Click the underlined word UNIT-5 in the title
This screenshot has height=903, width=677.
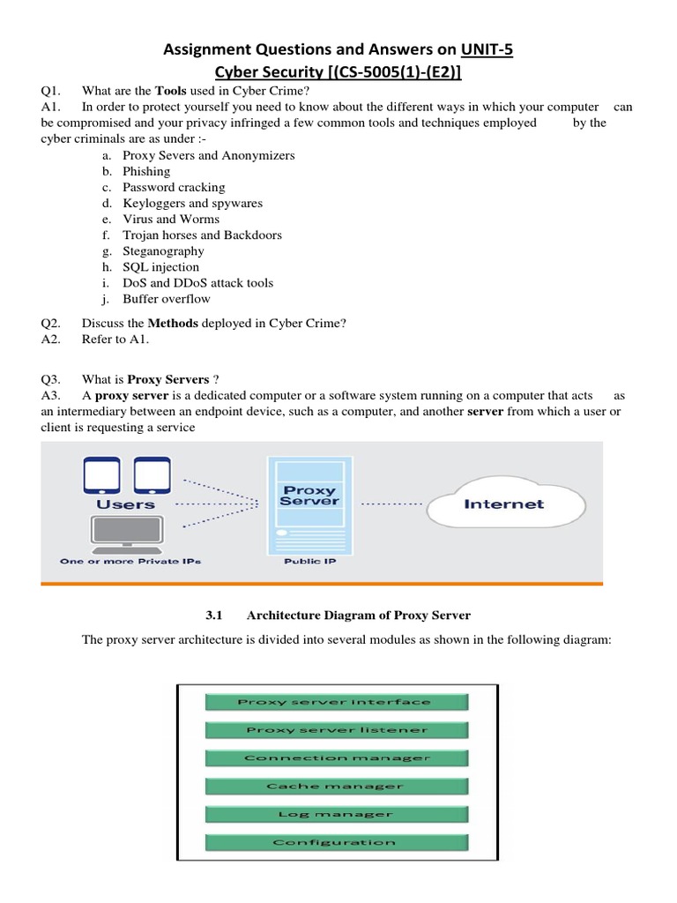pos(487,50)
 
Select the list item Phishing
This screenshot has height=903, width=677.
pos(146,171)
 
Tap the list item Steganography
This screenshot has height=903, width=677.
pos(163,250)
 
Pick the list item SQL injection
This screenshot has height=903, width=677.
pos(160,266)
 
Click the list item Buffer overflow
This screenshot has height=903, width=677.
pos(167,298)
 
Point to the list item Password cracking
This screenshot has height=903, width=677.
pos(174,187)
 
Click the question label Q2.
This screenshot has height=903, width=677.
pos(49,323)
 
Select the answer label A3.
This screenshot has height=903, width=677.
pos(49,395)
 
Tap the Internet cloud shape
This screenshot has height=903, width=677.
pos(504,504)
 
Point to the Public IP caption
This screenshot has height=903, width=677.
pos(309,561)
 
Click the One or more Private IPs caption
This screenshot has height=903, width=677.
pos(130,561)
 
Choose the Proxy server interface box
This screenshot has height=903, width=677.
pos(335,702)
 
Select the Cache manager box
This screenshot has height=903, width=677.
pos(335,786)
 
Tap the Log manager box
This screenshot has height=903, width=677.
pos(335,814)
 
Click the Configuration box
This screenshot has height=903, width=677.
pos(335,842)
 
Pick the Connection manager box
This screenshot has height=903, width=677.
pos(335,757)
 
